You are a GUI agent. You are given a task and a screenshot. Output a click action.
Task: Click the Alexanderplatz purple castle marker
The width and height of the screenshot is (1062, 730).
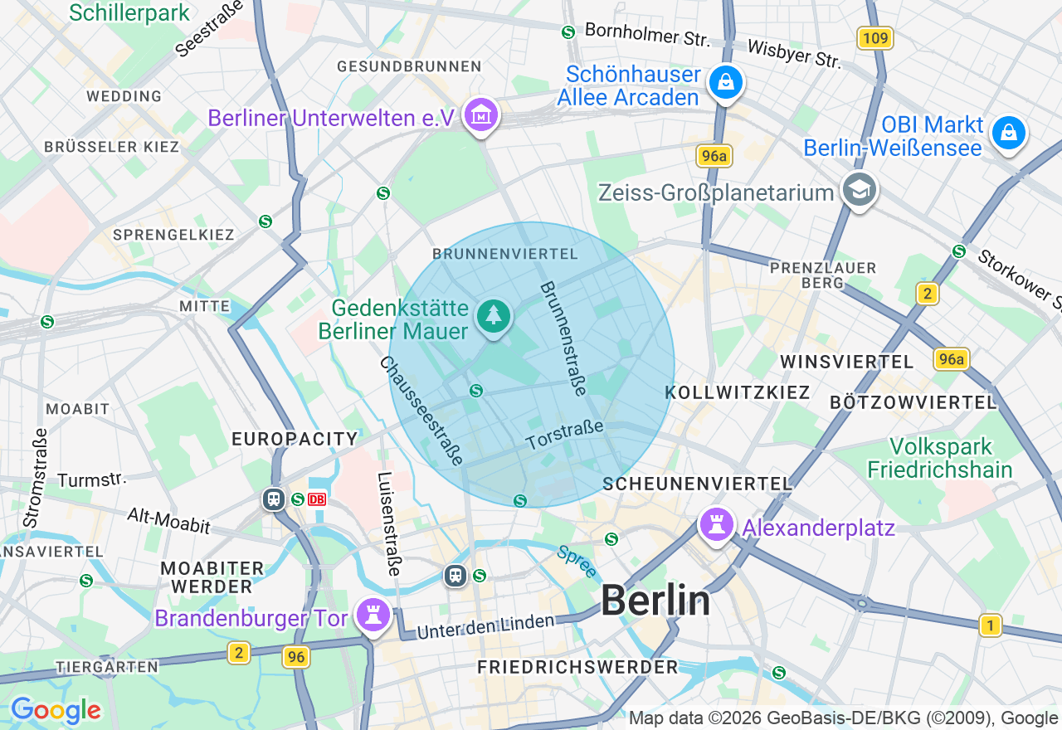[715, 525]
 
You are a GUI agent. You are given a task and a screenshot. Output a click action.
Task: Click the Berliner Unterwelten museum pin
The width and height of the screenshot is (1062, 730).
[481, 116]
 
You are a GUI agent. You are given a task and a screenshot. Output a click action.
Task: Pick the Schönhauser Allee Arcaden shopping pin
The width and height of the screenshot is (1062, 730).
[726, 82]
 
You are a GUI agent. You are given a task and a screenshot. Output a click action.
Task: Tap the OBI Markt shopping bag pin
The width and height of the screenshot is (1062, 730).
[1008, 133]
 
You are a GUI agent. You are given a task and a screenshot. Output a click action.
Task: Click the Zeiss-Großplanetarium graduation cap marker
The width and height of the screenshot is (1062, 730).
[860, 191]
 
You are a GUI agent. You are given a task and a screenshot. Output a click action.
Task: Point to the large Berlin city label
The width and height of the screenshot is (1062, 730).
[655, 600]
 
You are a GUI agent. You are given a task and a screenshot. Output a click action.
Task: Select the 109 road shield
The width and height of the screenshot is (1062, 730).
[874, 38]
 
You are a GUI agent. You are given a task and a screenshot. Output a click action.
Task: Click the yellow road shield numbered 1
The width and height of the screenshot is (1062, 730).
[989, 625]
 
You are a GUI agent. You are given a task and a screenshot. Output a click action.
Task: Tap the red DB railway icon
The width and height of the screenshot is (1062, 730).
[317, 499]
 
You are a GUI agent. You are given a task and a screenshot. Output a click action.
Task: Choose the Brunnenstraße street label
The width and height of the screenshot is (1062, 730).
[563, 338]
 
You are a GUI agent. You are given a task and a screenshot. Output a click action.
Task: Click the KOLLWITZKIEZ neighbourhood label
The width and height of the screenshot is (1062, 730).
[738, 392]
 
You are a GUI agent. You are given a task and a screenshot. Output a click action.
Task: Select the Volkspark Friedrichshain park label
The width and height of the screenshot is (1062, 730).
[939, 458]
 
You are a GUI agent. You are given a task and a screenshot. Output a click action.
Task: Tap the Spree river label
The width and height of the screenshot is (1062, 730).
[577, 562]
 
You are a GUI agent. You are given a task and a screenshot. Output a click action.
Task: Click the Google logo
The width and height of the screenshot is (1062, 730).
[56, 710]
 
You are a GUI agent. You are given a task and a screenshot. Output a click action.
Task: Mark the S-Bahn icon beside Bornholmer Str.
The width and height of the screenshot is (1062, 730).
[568, 32]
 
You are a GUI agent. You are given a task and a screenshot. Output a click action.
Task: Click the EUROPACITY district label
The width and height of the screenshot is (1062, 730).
[295, 439]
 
